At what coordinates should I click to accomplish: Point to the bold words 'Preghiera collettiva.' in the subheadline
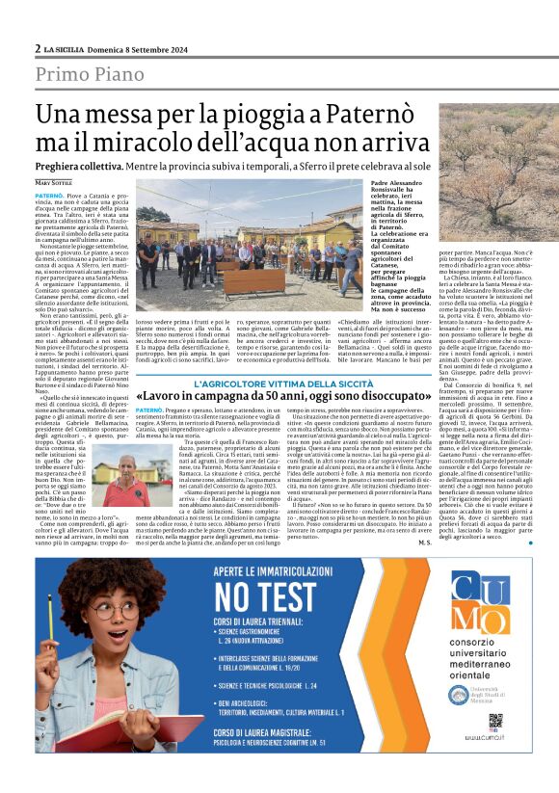coord(84,167)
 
